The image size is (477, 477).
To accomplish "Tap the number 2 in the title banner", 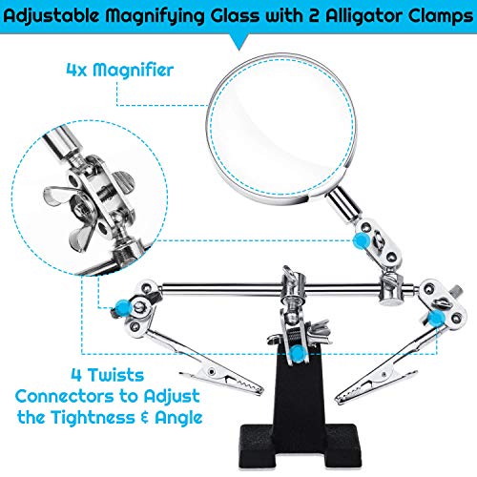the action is (313, 16).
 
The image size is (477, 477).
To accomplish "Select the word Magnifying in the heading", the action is (155, 16).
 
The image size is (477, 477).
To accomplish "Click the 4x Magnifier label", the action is (120, 70).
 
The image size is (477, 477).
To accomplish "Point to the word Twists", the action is (115, 375).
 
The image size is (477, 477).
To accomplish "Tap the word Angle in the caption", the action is (178, 418).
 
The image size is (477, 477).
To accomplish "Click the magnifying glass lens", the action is (281, 127).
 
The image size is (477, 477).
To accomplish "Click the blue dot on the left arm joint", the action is (122, 308).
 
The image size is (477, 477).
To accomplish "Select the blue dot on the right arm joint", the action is (436, 319).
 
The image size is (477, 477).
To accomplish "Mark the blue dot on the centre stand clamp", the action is (298, 353).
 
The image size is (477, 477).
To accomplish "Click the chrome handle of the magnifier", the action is (343, 205).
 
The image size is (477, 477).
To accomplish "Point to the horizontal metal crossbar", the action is (270, 288).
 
